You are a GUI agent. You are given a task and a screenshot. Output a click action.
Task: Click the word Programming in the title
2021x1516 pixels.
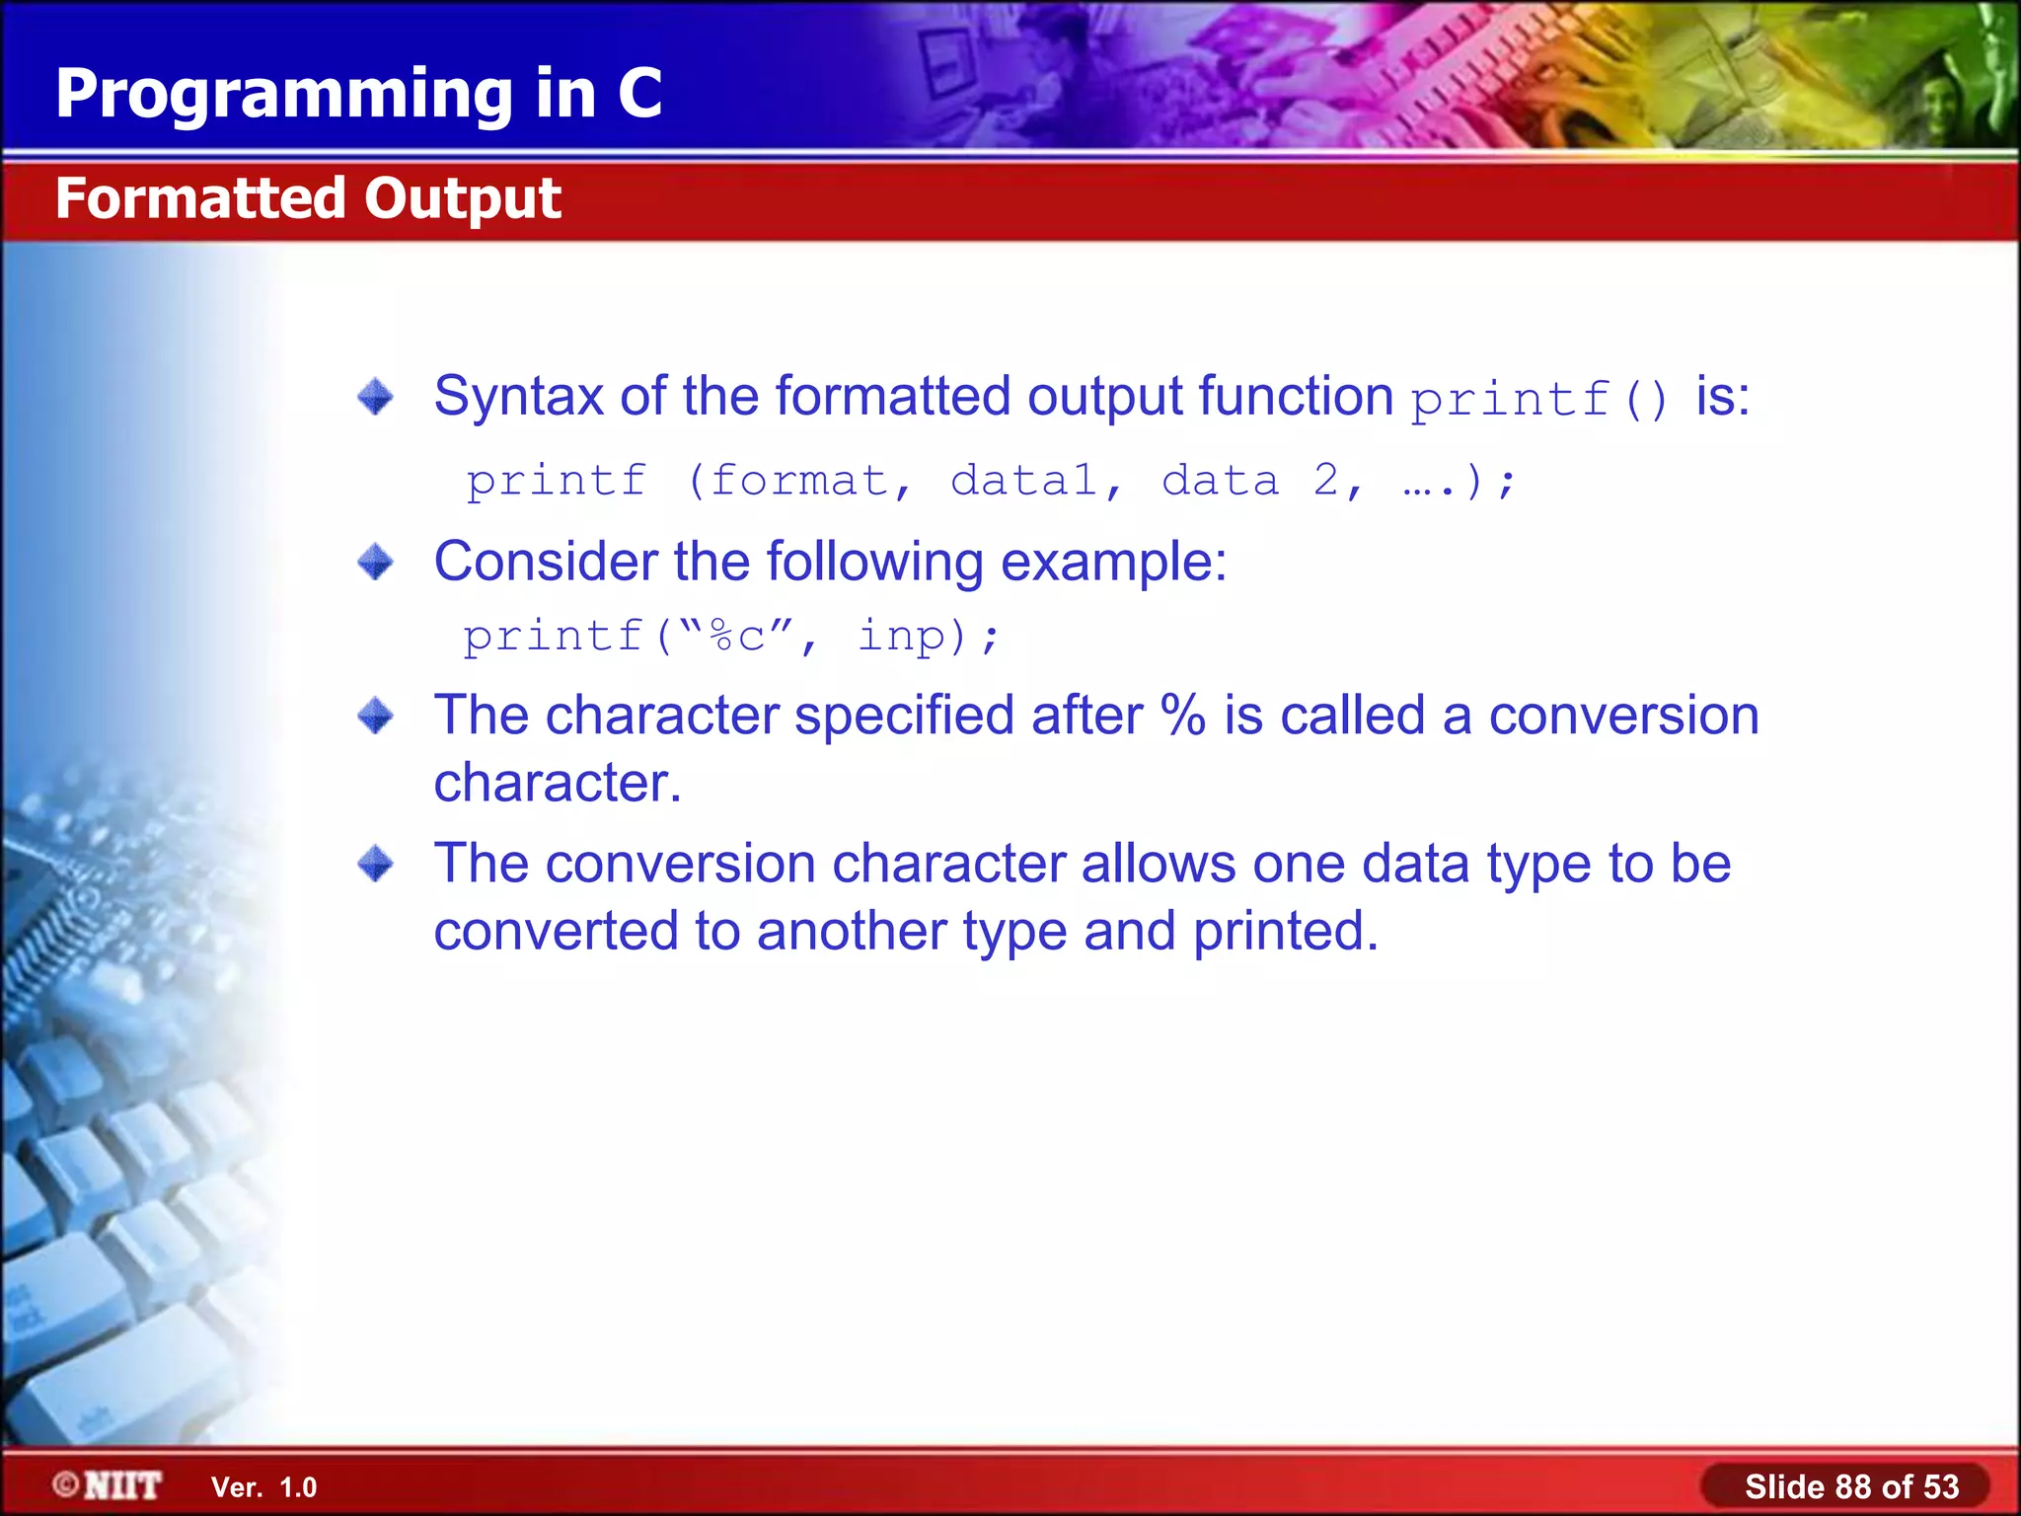pos(284,95)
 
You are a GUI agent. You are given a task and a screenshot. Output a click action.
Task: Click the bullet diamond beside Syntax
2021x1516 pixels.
pos(375,397)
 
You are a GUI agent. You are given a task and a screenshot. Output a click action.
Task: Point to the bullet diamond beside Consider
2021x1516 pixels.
pos(375,563)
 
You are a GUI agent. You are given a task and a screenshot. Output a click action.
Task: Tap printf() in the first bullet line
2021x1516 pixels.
pos(1539,400)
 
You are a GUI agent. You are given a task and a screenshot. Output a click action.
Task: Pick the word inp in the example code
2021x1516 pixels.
pos(901,637)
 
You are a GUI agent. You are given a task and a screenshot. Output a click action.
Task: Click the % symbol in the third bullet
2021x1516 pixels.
pos(1182,716)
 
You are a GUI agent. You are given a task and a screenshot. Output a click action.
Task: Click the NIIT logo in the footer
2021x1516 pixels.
pos(109,1485)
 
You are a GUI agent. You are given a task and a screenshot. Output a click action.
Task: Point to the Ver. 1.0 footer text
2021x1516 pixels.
pos(263,1487)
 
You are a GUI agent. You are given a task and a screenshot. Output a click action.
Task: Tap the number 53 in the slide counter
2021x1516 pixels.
pos(1940,1486)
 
